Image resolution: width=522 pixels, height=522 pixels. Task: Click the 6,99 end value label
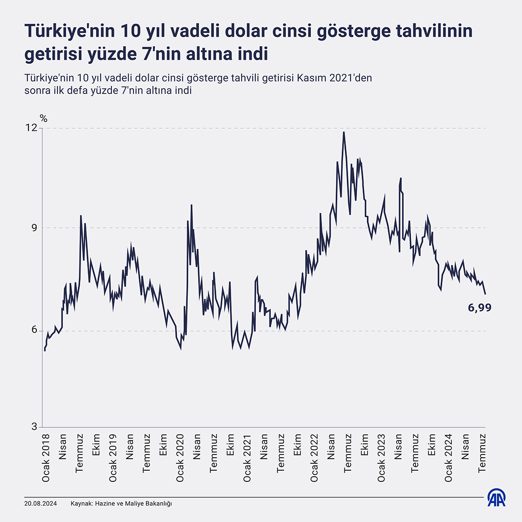[x=480, y=308]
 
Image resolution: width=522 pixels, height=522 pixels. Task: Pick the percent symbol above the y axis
[x=43, y=118]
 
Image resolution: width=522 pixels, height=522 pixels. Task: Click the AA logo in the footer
[x=497, y=497]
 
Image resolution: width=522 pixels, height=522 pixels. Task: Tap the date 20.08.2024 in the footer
[x=41, y=504]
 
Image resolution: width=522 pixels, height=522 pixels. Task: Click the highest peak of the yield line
[x=344, y=132]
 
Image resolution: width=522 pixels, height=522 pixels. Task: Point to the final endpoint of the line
[x=485, y=294]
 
